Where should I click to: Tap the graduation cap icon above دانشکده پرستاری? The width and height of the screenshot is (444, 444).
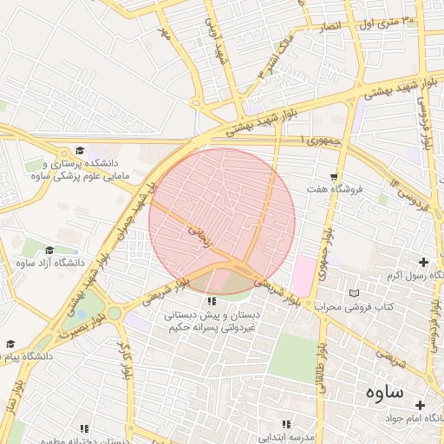(x=80, y=151)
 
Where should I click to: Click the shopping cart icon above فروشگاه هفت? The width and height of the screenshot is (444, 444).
(x=333, y=176)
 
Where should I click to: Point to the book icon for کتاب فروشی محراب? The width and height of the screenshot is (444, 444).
(x=352, y=293)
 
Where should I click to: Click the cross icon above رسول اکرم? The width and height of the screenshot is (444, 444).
(x=423, y=262)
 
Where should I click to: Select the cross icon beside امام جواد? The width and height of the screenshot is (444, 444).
(x=420, y=405)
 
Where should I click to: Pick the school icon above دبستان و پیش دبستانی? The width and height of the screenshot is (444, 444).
(x=211, y=301)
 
